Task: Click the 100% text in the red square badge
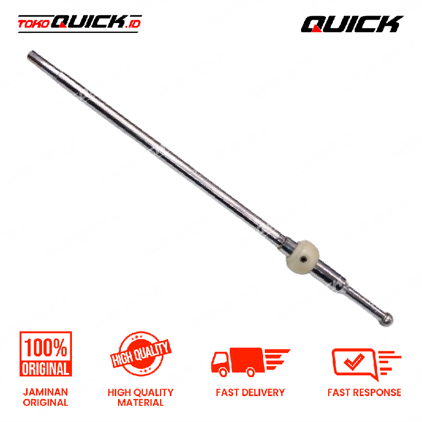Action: coord(45,347)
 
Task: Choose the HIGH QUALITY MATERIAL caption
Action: coord(140,397)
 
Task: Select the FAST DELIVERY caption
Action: coord(250,393)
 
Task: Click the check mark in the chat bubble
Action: coord(353,360)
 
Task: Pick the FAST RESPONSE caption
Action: coord(364,393)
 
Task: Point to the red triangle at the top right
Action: coord(316,28)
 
